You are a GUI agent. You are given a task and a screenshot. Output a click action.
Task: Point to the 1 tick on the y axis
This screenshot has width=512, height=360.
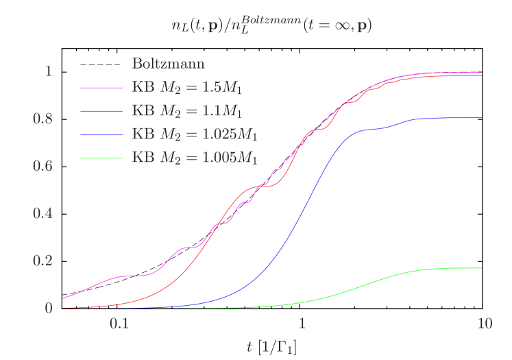coord(49,71)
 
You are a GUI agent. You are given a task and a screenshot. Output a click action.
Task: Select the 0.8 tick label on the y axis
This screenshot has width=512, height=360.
coord(43,119)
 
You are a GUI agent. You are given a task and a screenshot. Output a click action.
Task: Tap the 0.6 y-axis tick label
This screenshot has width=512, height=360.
coord(43,166)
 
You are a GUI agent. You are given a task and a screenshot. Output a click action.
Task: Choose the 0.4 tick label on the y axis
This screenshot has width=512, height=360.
coord(43,213)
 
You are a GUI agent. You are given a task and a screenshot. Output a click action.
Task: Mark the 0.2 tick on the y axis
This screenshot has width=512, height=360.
coord(43,261)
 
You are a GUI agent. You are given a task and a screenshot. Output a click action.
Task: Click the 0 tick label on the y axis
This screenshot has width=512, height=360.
coord(49,308)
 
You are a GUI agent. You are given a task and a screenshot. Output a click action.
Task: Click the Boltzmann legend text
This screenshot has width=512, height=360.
coord(168,64)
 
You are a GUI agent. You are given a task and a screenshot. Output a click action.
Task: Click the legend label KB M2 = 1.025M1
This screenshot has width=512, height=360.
coord(195,134)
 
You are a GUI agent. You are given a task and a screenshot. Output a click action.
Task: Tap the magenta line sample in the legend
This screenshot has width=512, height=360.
coord(101,88)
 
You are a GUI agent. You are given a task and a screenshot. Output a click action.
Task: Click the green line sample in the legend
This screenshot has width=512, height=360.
coord(101,158)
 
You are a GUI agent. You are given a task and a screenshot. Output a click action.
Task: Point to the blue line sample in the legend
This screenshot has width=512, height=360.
coord(101,134)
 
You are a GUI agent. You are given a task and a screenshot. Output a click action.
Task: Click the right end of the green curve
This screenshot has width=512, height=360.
coord(481,268)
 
